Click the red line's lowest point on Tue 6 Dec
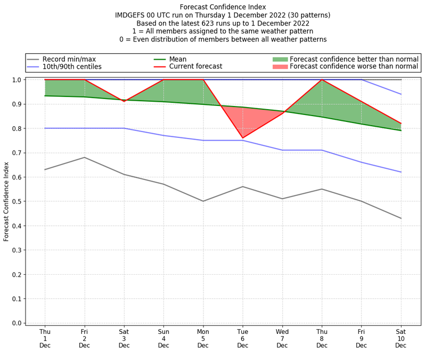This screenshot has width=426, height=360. click(x=243, y=138)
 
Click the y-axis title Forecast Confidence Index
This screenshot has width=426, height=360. click(x=6, y=201)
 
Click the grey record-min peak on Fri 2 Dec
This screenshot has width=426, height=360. click(x=84, y=157)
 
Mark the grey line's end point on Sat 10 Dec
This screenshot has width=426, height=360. click(x=401, y=218)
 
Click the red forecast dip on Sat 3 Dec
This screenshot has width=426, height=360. click(x=124, y=101)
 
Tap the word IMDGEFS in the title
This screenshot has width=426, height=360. click(x=132, y=15)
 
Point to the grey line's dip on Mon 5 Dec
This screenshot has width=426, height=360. click(x=203, y=201)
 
